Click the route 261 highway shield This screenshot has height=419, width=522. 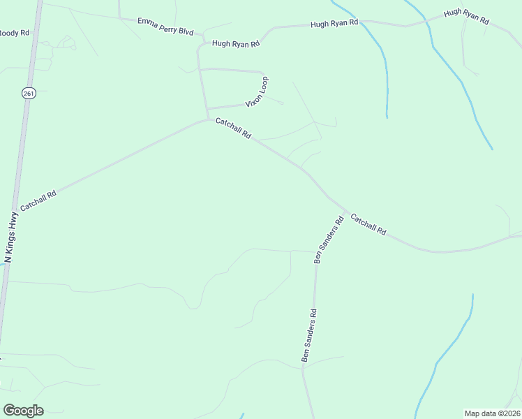28,94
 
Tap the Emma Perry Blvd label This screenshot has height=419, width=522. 165,27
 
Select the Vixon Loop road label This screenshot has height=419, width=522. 257,92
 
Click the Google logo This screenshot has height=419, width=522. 23,411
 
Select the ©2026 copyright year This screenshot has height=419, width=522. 509,413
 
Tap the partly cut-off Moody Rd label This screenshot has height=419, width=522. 15,32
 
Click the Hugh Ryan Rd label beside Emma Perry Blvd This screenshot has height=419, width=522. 236,43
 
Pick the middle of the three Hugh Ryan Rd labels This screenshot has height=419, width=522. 334,24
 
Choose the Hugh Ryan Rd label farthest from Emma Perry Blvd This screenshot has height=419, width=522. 467,18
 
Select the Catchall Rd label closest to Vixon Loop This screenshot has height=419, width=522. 233,128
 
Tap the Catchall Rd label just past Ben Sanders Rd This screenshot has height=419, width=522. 368,223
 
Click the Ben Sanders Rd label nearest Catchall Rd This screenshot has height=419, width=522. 329,239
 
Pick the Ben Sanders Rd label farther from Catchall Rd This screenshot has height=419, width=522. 309,335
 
